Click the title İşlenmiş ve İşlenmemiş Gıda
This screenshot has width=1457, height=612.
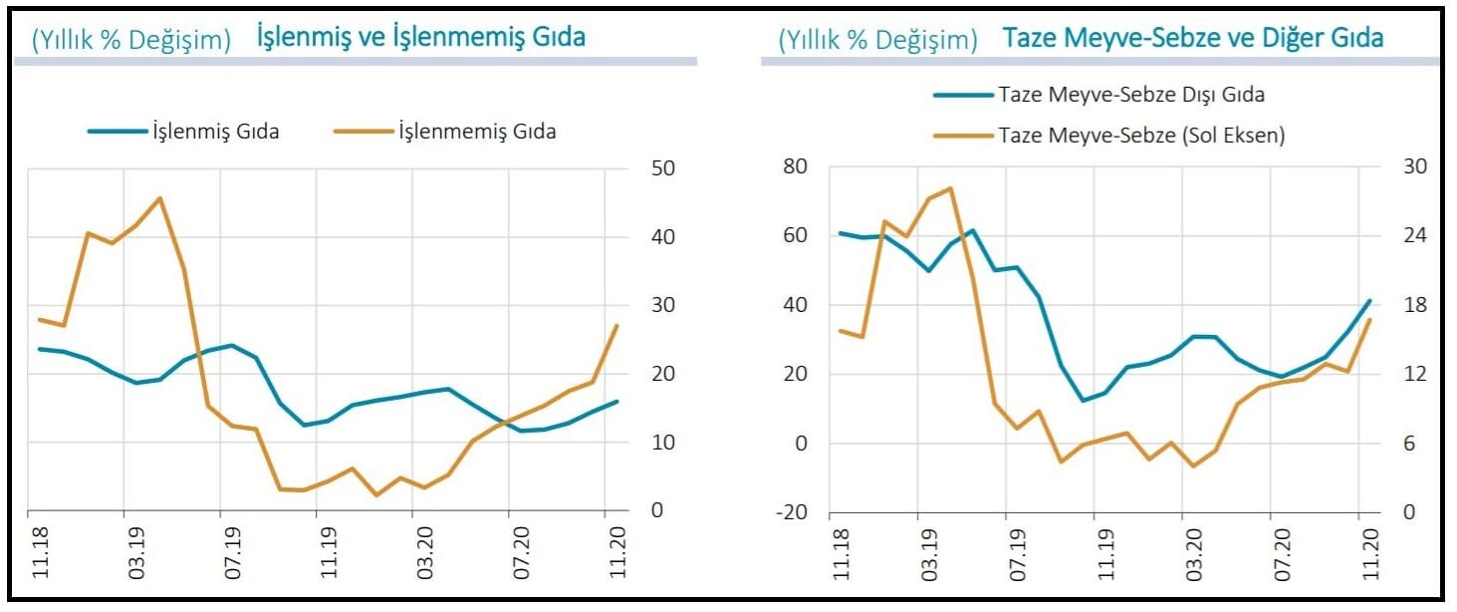click(420, 37)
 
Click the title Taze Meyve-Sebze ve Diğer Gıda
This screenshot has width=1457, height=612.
click(1192, 38)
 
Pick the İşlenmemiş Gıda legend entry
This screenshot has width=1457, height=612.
click(476, 131)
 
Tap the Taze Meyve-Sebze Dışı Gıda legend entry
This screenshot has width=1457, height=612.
click(1130, 95)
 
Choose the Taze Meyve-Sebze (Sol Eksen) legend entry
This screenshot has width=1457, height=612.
click(1140, 136)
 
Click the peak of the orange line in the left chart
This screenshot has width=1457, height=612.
click(160, 197)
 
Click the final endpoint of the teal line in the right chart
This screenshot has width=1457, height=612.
click(1370, 300)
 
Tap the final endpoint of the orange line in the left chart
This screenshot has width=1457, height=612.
click(616, 326)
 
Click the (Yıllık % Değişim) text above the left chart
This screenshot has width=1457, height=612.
click(131, 39)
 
